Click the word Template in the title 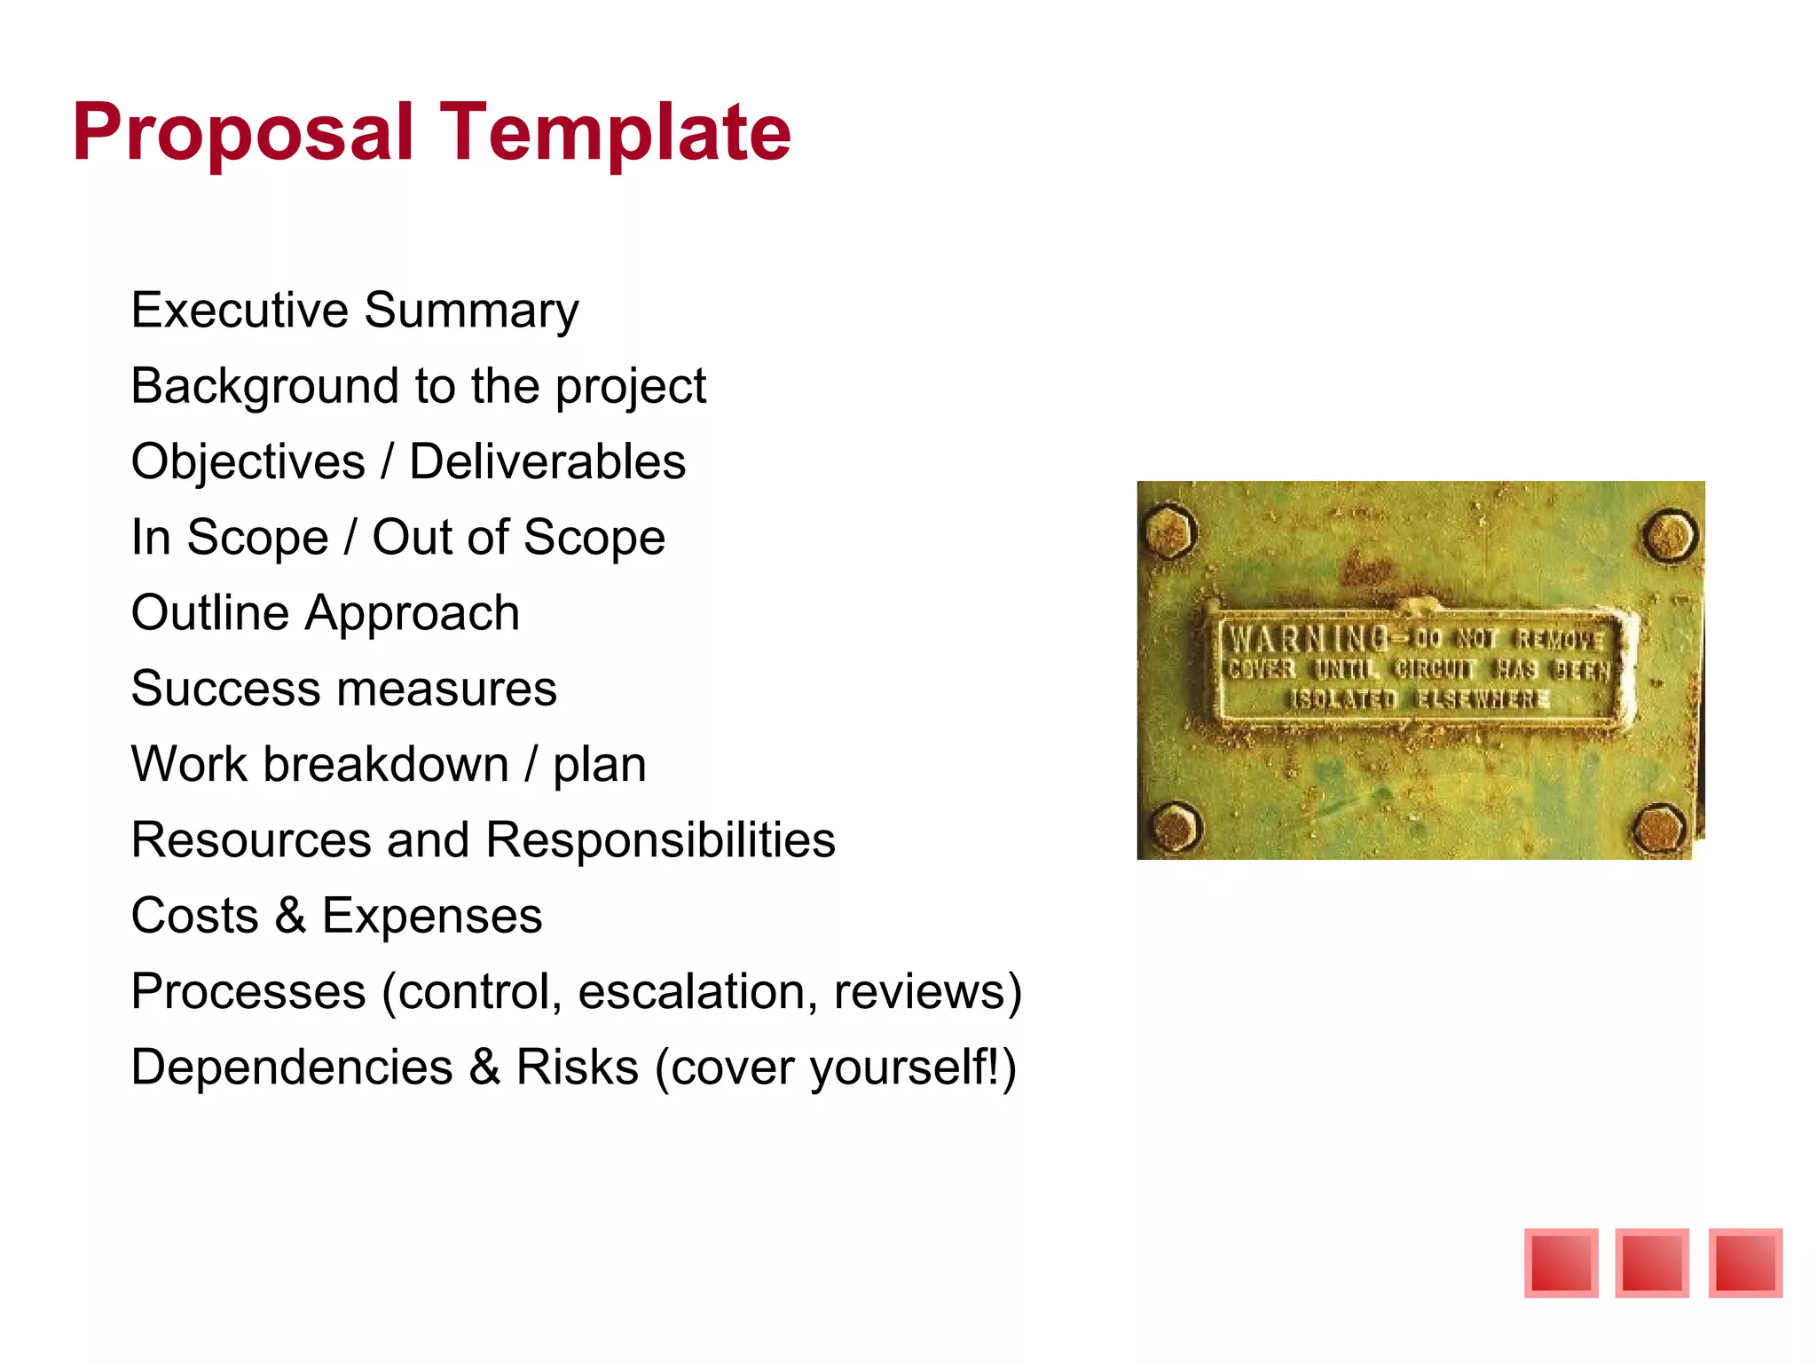coord(615,133)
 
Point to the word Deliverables coord(547,461)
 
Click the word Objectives coord(248,461)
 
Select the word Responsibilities coord(660,840)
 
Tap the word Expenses coord(431,916)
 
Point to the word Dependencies coord(292,1068)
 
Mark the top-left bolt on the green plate coord(1170,532)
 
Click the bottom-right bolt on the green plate coord(1660,828)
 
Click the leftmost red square coord(1561,1263)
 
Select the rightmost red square coord(1745,1263)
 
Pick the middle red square coord(1652,1263)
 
